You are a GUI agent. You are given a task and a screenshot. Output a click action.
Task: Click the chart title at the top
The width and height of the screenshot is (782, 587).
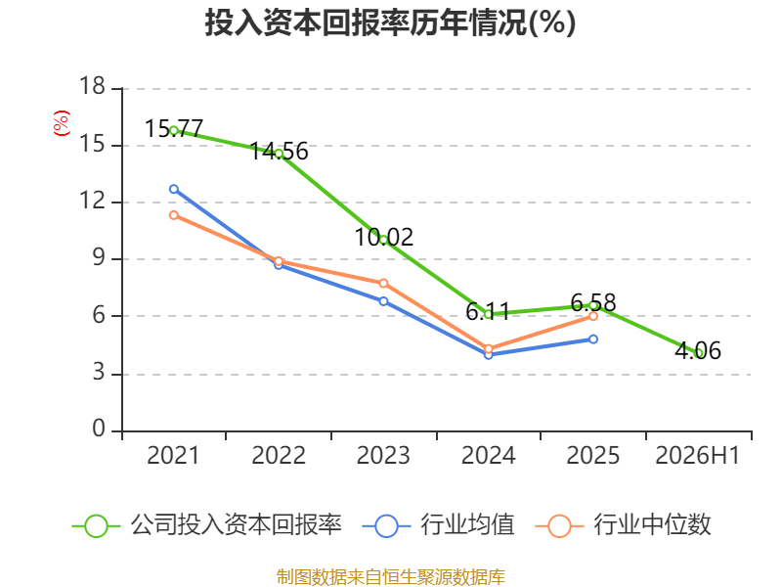(x=390, y=23)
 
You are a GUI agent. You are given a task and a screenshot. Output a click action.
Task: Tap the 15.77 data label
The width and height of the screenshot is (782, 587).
(x=174, y=129)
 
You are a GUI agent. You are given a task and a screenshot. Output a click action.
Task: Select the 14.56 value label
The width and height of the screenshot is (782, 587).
(x=279, y=152)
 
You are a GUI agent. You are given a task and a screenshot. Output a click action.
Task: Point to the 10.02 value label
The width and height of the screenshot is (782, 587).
(x=383, y=237)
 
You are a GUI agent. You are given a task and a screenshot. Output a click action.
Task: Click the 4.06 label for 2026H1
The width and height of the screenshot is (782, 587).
(x=698, y=350)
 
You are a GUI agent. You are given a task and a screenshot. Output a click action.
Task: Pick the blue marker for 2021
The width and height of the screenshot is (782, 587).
(x=174, y=189)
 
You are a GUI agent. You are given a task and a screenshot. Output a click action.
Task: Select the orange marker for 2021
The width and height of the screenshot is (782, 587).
(x=174, y=215)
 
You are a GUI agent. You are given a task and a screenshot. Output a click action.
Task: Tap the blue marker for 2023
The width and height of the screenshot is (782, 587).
(x=383, y=301)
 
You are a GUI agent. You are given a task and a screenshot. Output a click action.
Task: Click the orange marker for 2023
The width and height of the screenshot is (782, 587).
(x=383, y=283)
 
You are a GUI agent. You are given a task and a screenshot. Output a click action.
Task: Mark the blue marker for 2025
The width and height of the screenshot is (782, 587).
(x=593, y=339)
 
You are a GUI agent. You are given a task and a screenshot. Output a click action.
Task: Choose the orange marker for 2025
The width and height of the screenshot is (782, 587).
(x=593, y=316)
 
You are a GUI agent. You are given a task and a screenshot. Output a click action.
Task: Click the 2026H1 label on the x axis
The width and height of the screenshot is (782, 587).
(x=698, y=455)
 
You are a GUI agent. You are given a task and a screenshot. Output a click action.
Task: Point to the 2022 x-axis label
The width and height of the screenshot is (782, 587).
(x=279, y=455)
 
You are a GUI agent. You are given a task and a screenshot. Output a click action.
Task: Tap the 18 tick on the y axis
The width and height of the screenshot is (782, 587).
(x=92, y=86)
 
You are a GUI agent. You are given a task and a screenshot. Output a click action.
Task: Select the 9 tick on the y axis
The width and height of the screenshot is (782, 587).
(x=99, y=257)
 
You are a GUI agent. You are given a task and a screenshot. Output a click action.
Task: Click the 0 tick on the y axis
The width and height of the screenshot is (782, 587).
(x=99, y=429)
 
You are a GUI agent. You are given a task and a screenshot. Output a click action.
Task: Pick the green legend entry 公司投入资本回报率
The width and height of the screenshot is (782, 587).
(x=207, y=525)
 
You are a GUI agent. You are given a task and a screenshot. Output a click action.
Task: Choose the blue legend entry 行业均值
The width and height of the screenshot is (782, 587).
(x=438, y=525)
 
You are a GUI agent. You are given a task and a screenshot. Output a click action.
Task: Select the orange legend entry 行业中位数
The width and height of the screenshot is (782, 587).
(x=623, y=525)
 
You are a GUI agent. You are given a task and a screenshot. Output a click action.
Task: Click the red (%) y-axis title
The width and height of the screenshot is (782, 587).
(x=61, y=123)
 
